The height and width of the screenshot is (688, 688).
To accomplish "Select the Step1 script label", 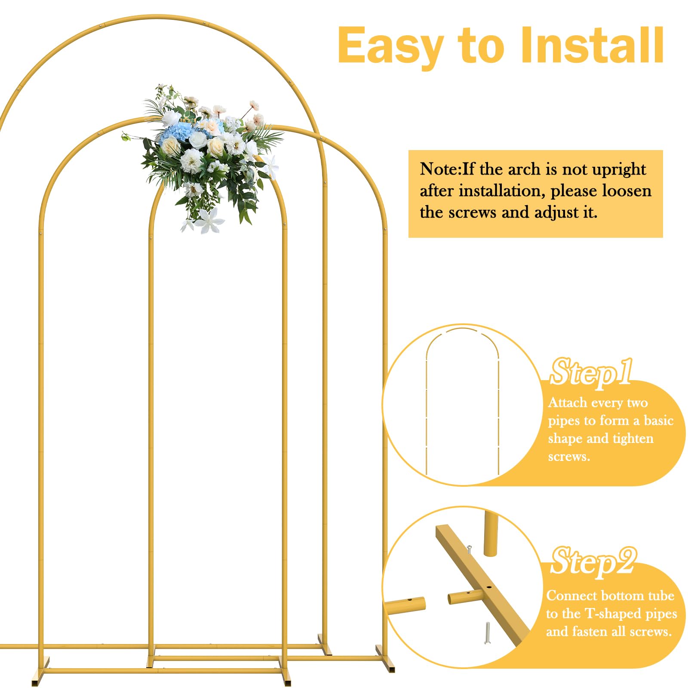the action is pyautogui.click(x=591, y=372).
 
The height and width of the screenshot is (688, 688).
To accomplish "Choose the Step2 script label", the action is pyautogui.click(x=593, y=562).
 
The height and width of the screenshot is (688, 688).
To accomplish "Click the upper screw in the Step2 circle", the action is pyautogui.click(x=469, y=550).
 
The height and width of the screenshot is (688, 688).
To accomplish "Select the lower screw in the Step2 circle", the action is pyautogui.click(x=487, y=633).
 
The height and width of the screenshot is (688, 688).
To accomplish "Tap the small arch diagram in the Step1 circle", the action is pyautogui.click(x=462, y=400).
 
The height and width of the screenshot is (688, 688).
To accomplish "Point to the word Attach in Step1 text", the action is pyautogui.click(x=567, y=402).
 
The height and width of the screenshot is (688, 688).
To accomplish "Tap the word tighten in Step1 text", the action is pyautogui.click(x=633, y=439).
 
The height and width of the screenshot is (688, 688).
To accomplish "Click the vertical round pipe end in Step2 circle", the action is pyautogui.click(x=491, y=533).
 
